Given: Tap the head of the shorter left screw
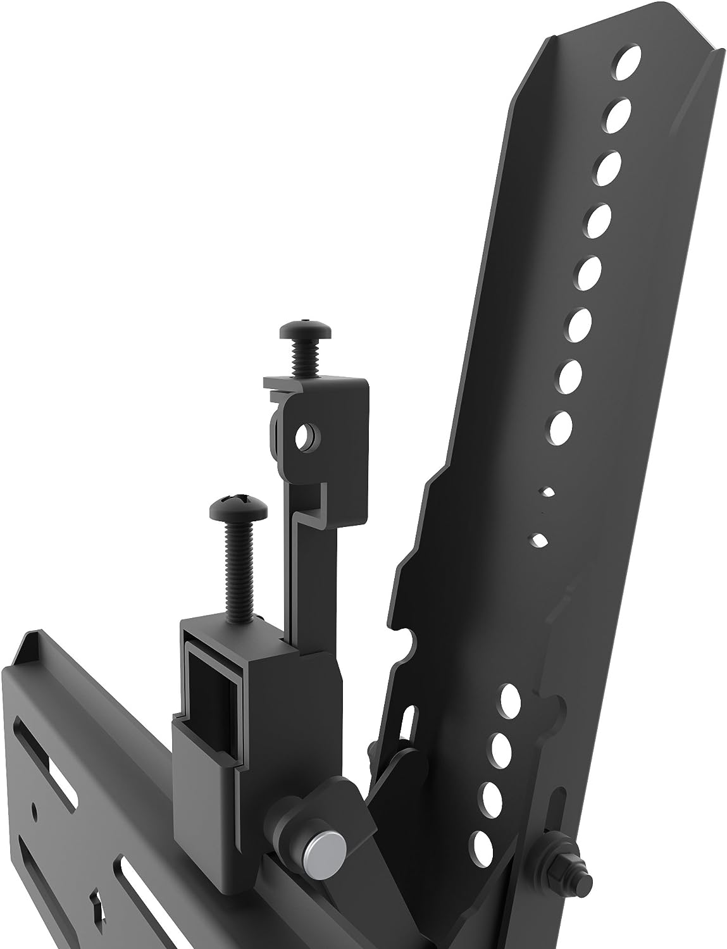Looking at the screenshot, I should click(x=229, y=506).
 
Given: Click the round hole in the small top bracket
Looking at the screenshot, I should click(x=307, y=435).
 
